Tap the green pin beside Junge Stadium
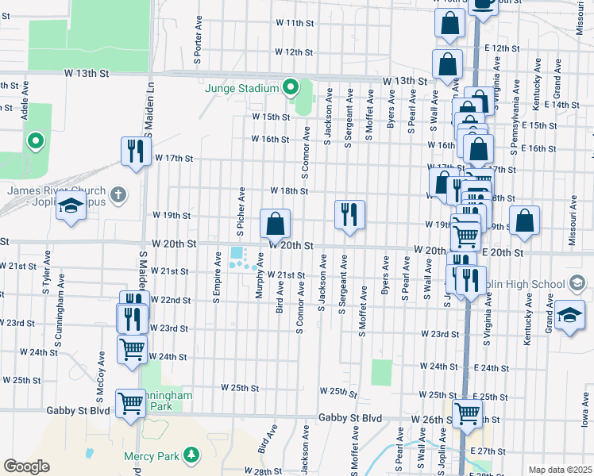point(291,86)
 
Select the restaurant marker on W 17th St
point(136,151)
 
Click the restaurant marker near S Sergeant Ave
point(349,214)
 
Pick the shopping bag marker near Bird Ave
point(276,225)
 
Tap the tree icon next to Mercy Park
point(191,455)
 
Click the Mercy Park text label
point(152,456)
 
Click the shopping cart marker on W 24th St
point(132,348)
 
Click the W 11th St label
point(295,23)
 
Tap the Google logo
point(27,466)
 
